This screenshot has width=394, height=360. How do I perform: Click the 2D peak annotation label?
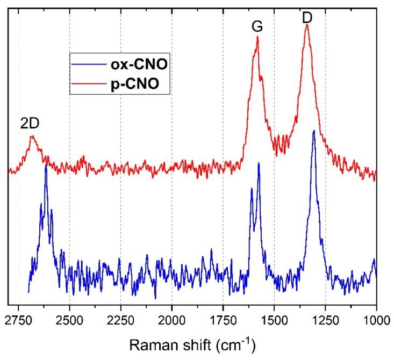coord(30,123)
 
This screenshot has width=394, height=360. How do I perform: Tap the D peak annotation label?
coord(307,18)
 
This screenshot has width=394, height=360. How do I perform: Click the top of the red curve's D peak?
coord(307,25)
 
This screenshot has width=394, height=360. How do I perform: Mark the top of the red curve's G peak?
coord(258,37)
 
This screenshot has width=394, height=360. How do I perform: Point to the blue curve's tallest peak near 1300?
coord(313,131)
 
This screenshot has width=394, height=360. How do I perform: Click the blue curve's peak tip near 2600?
coord(46,167)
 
